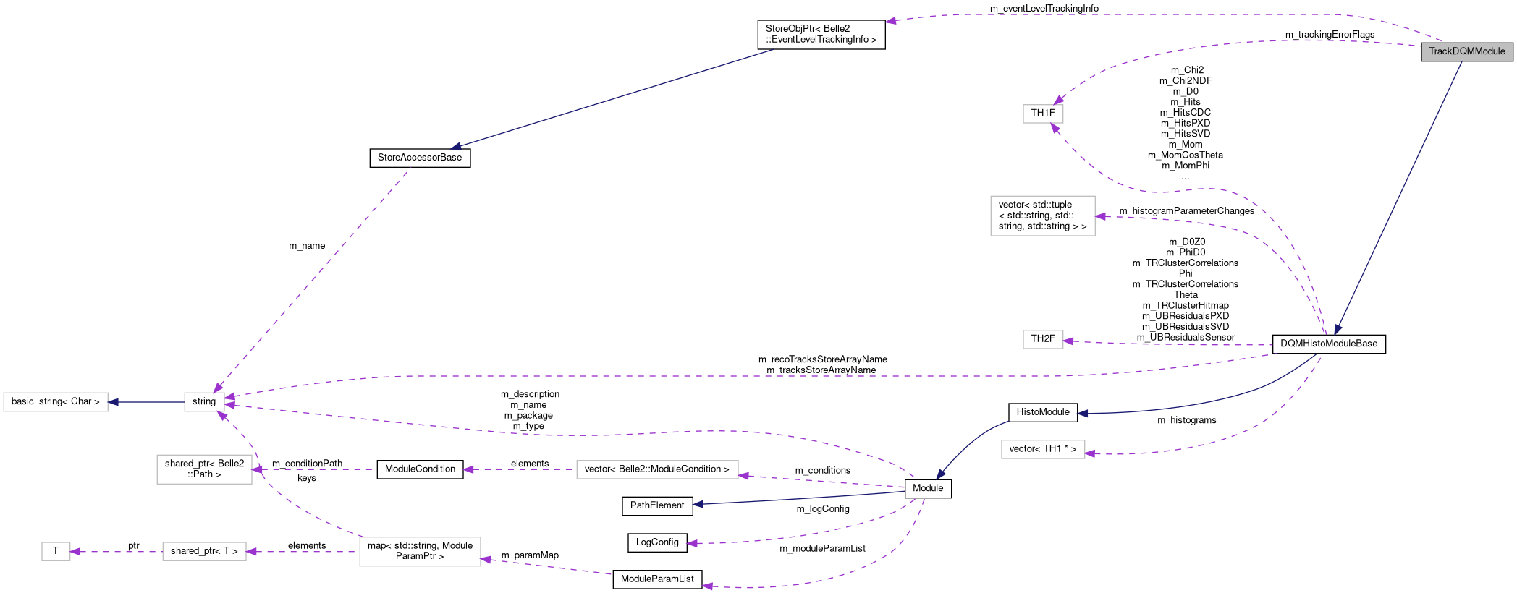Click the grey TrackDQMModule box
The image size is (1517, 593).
1466,51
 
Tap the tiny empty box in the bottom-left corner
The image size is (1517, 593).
56,551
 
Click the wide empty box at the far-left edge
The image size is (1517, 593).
56,402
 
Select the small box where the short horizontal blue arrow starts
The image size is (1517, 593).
204,402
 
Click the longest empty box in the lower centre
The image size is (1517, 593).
657,469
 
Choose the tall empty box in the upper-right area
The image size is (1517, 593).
1042,216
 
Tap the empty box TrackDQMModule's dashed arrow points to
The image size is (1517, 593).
1043,114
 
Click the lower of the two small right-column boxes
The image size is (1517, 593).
1043,339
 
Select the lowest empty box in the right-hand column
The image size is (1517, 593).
1043,449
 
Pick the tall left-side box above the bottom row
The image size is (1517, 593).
204,469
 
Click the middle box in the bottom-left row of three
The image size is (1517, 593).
204,551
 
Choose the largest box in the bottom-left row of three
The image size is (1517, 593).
420,552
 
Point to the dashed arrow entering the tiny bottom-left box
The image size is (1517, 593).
116,552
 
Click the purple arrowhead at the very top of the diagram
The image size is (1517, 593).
890,21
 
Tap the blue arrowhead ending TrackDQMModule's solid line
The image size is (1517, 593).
1338,330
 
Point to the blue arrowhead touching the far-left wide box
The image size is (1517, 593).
114,402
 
